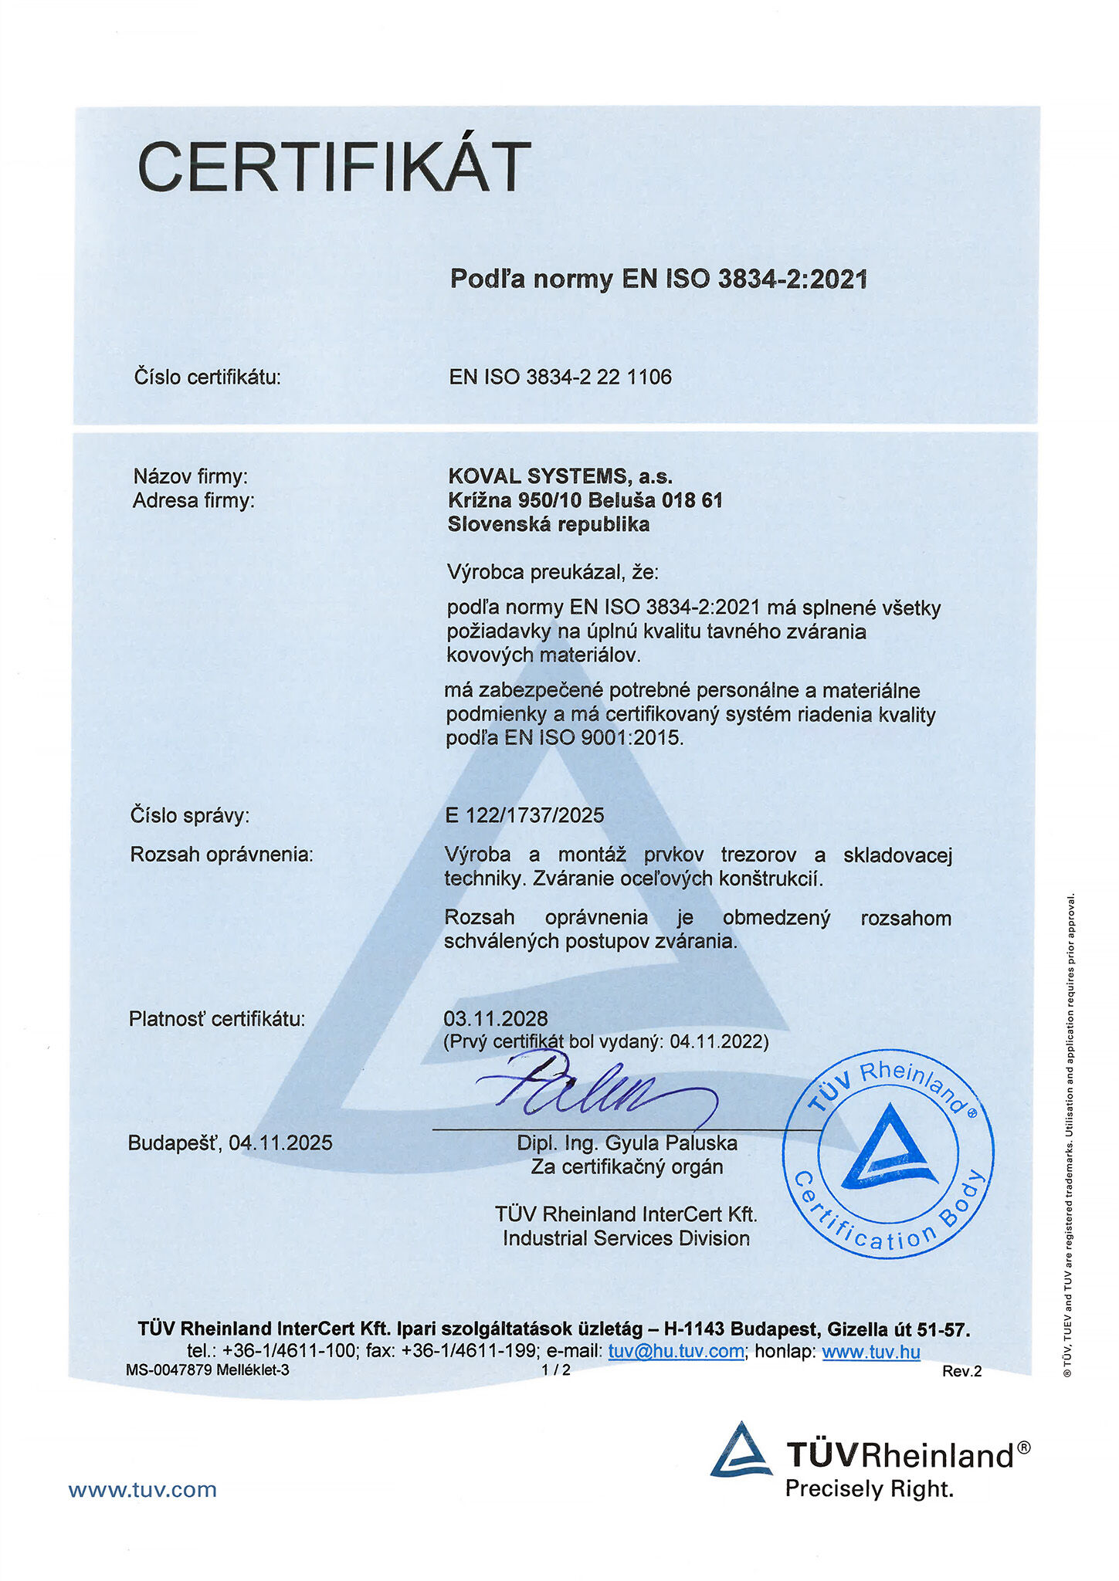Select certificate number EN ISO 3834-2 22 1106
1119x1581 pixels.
(x=561, y=377)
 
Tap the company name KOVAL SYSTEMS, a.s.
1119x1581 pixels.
(x=560, y=476)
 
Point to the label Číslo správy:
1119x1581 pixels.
(x=190, y=815)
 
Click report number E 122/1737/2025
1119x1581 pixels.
(x=524, y=815)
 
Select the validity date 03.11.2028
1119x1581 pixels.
(x=496, y=1018)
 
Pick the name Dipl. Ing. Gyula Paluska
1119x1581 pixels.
(x=627, y=1143)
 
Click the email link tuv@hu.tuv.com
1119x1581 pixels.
(x=676, y=1351)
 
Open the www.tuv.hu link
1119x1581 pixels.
(x=870, y=1351)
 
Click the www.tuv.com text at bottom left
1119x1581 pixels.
(x=143, y=1489)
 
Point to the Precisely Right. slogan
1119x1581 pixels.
(x=870, y=1488)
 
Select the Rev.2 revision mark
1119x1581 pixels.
(x=961, y=1371)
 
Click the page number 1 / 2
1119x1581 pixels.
(x=556, y=1370)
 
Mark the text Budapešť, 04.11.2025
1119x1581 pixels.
(x=230, y=1143)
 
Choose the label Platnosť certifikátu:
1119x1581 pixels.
(x=217, y=1019)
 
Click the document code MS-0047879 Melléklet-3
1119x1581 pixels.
(x=208, y=1370)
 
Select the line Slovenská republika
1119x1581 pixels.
(x=548, y=525)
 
